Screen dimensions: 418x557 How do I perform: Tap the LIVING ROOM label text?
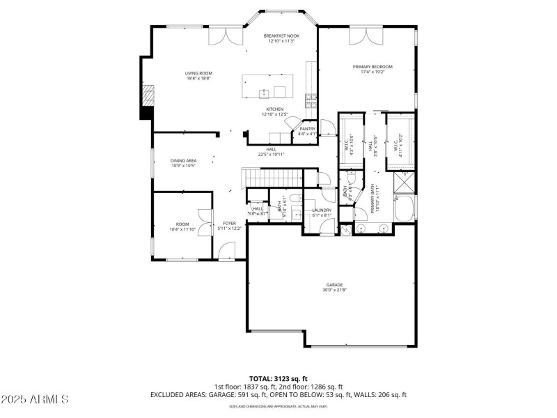[x=198, y=73]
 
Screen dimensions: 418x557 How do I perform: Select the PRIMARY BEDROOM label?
[x=367, y=67]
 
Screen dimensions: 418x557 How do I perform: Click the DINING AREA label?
[x=183, y=161]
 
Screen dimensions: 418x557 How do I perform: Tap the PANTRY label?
[x=307, y=129]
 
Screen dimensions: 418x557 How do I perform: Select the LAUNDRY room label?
[x=321, y=210]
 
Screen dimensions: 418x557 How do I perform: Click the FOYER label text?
[x=229, y=223]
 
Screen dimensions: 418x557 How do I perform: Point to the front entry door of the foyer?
[x=227, y=249]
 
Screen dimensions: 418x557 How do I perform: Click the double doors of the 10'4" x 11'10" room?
[x=204, y=224]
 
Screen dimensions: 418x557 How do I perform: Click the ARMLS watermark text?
[x=35, y=399]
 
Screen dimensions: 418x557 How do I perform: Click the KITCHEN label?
[x=274, y=109]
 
